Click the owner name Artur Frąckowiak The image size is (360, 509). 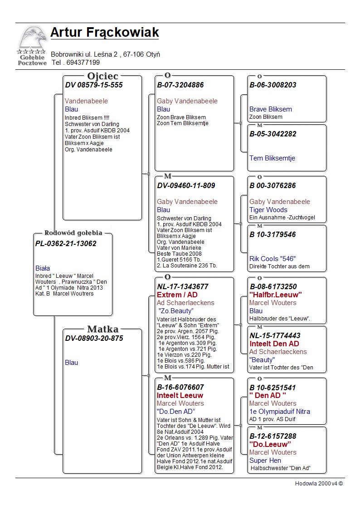(x=104, y=33)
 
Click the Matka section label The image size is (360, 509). (x=103, y=329)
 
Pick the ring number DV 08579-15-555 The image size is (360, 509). (x=94, y=85)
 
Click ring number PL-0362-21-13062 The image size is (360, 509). (x=66, y=243)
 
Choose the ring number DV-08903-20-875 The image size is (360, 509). (x=94, y=338)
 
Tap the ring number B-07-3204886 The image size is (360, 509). (x=180, y=85)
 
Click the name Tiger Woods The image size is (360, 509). (x=268, y=210)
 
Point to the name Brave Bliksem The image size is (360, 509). (x=271, y=109)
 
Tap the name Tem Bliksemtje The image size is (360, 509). (x=272, y=158)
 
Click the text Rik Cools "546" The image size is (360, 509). (x=272, y=259)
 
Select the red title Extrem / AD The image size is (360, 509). (x=177, y=295)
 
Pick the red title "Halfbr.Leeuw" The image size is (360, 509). (x=276, y=295)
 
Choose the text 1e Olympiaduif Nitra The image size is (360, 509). (x=280, y=412)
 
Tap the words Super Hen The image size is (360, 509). (x=265, y=461)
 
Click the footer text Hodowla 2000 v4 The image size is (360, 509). (x=319, y=484)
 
